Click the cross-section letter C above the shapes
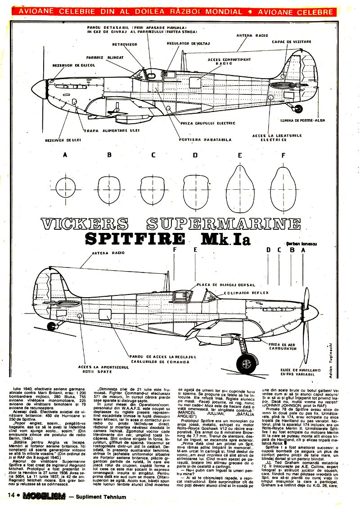tap(153, 156)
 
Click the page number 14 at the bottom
tap(12, 496)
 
